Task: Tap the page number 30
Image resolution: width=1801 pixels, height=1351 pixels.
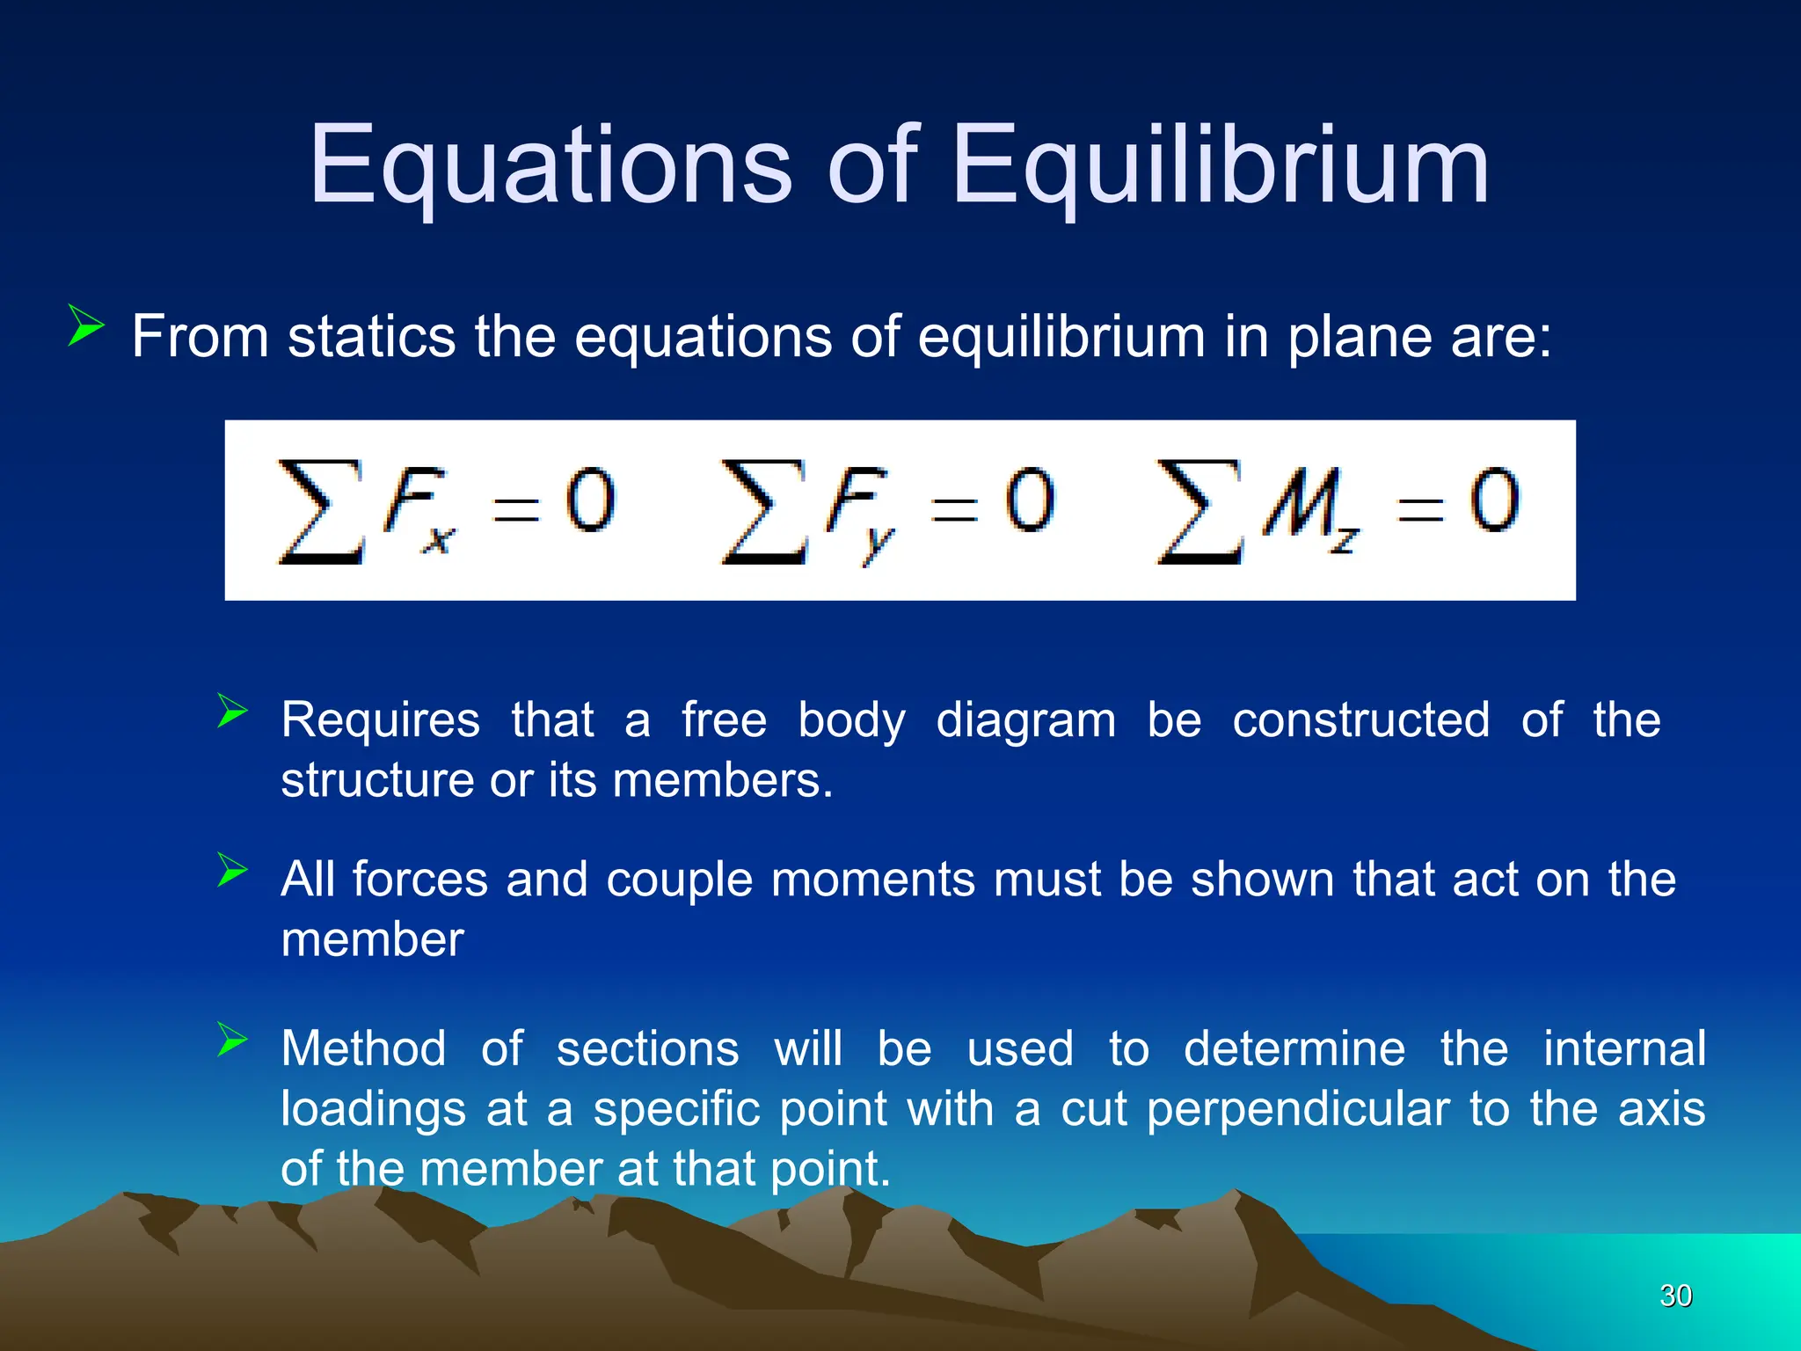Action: (x=1675, y=1296)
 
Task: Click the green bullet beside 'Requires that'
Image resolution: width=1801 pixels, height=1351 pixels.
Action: (x=232, y=711)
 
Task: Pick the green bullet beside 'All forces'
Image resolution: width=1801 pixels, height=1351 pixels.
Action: (x=232, y=870)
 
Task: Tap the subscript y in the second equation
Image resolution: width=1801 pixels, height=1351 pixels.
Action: (x=877, y=544)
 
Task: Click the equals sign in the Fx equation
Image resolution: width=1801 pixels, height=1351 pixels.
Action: (x=515, y=508)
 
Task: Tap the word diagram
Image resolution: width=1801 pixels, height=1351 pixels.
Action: (x=1025, y=721)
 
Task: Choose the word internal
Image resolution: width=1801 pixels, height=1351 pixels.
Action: (x=1624, y=1048)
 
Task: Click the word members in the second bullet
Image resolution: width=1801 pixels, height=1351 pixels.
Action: (x=721, y=780)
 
